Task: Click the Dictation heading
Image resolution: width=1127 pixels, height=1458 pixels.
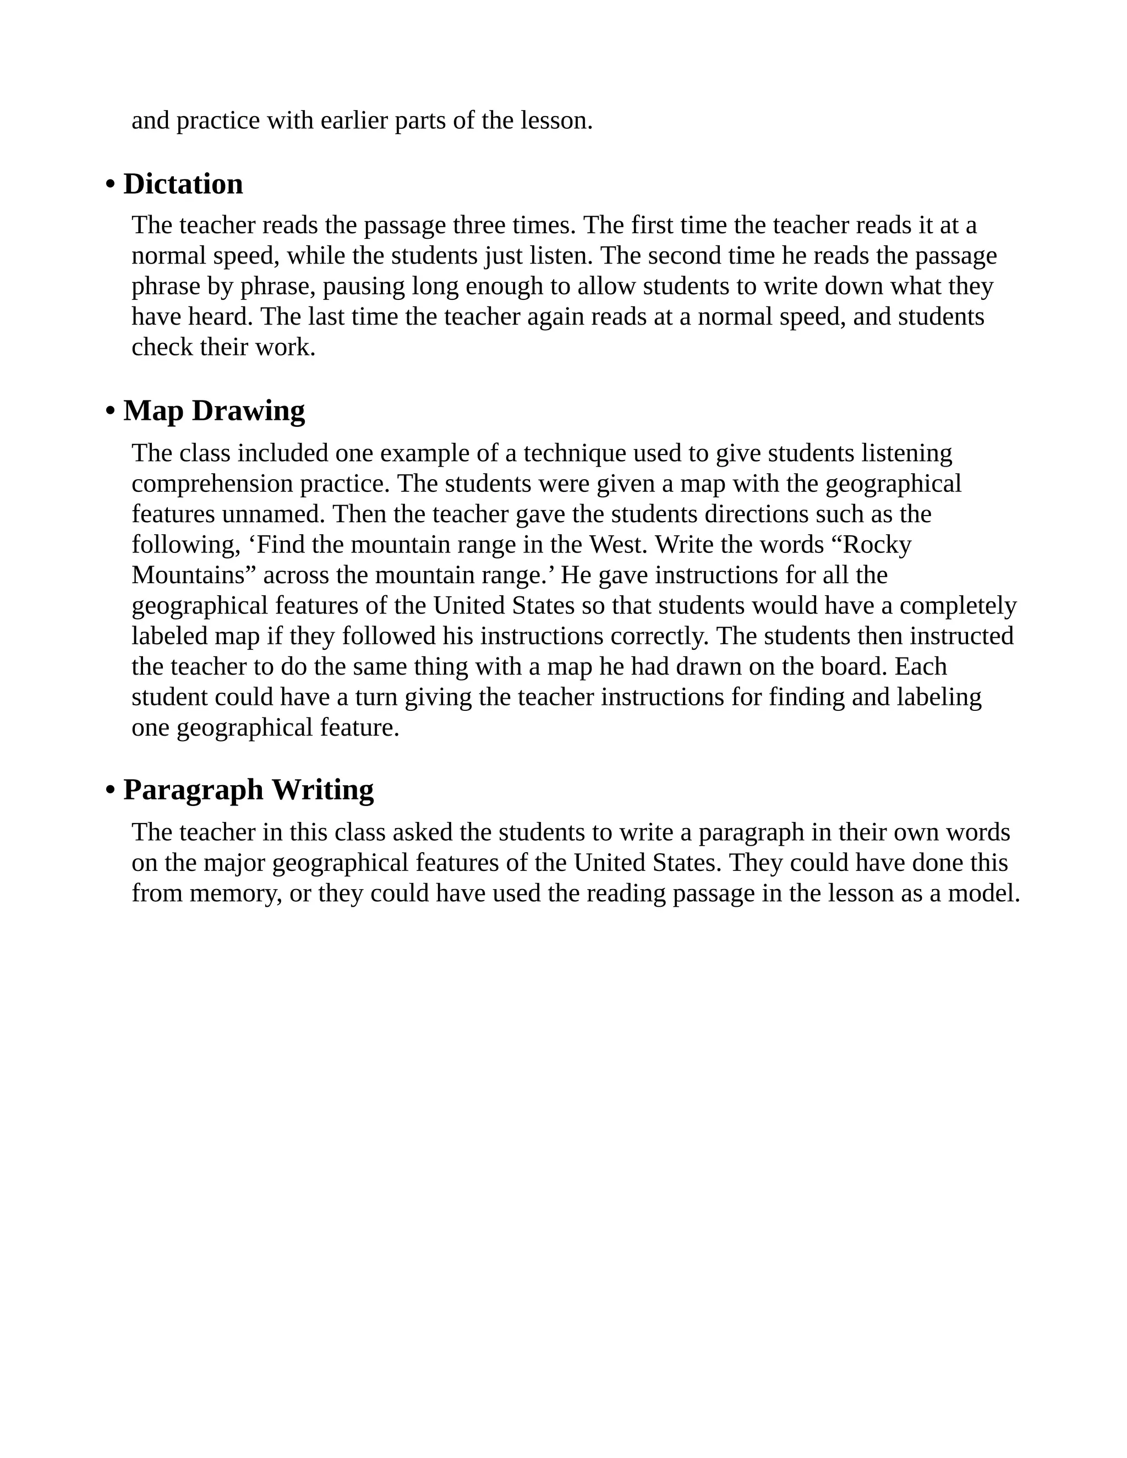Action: coord(183,184)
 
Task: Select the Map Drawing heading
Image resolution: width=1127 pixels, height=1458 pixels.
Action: coord(214,410)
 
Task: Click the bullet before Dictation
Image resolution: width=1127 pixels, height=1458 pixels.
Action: coord(110,185)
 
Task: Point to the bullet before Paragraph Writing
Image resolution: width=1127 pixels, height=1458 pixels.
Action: coord(110,791)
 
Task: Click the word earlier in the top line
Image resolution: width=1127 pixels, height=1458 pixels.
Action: coord(354,121)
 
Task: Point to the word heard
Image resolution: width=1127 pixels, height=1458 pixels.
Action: coord(222,317)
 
